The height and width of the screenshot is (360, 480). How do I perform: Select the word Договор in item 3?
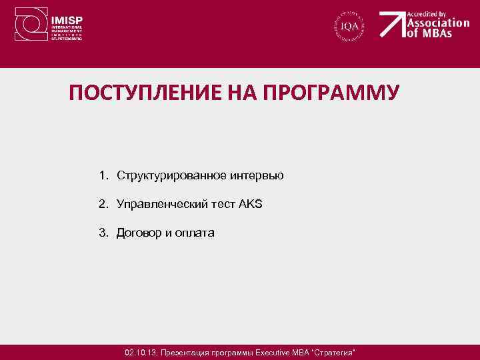137,233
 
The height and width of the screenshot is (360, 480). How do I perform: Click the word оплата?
195,233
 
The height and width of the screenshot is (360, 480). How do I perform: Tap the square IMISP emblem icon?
30,25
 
